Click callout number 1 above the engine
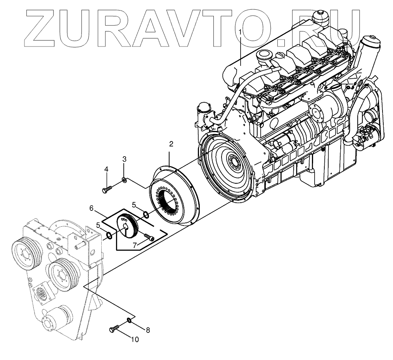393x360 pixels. (x=241, y=31)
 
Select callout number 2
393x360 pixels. (x=171, y=144)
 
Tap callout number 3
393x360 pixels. (x=124, y=159)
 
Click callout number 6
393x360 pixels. (x=92, y=208)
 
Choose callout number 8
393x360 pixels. (x=148, y=330)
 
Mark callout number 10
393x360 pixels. (x=135, y=340)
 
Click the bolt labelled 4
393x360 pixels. (x=107, y=189)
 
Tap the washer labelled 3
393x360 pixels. (x=124, y=179)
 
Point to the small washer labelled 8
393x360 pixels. (x=129, y=320)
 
